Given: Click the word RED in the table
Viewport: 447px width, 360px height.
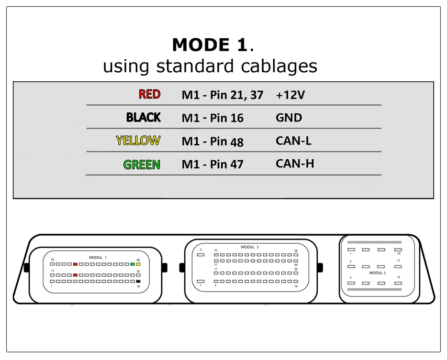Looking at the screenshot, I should pyautogui.click(x=149, y=94).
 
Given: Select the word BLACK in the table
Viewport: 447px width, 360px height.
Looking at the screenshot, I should pyautogui.click(x=143, y=117).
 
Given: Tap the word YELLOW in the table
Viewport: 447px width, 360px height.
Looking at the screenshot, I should pyautogui.click(x=138, y=141).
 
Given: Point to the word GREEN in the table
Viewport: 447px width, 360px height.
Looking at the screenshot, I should pyautogui.click(x=142, y=164).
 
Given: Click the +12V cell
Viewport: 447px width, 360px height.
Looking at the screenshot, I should pyautogui.click(x=290, y=95).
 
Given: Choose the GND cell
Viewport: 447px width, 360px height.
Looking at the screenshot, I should pyautogui.click(x=289, y=118).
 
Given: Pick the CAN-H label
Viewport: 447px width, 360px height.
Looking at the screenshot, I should pyautogui.click(x=295, y=164).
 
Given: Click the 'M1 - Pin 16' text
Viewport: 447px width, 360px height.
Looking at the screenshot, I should pyautogui.click(x=212, y=118).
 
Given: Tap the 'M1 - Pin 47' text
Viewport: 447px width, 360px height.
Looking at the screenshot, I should pyautogui.click(x=212, y=164).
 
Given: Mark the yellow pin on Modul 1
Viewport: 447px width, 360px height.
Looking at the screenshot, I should pyautogui.click(x=138, y=264).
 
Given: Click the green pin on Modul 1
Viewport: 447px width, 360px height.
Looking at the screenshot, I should pyautogui.click(x=132, y=264).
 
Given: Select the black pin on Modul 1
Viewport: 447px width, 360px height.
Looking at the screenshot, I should pyautogui.click(x=138, y=282).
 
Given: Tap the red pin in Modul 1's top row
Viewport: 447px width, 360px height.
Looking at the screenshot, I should pyautogui.click(x=75, y=264).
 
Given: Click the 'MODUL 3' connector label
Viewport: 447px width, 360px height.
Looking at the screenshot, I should pyautogui.click(x=250, y=247).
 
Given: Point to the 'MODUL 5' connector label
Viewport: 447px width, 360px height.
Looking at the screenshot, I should pyautogui.click(x=377, y=273).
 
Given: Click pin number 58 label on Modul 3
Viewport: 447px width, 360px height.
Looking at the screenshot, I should pyautogui.click(x=295, y=251).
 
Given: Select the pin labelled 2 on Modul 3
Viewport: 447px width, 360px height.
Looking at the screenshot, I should pyautogui.click(x=201, y=255).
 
